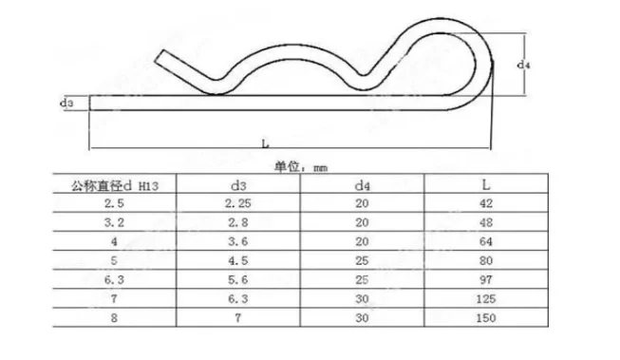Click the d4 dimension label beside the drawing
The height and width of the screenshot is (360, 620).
click(x=523, y=65)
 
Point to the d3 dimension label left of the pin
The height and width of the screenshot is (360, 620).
click(x=66, y=103)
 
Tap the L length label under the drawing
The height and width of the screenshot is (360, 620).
click(x=265, y=143)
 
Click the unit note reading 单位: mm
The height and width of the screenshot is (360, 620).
click(x=301, y=167)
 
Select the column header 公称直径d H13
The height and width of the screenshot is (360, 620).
click(x=115, y=185)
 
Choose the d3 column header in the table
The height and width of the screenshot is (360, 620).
click(x=238, y=185)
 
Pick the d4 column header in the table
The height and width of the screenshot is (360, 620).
click(x=362, y=185)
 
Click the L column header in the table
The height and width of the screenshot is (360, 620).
click(x=486, y=184)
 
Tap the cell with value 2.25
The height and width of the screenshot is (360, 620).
click(x=238, y=203)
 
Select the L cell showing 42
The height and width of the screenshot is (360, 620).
click(x=486, y=203)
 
